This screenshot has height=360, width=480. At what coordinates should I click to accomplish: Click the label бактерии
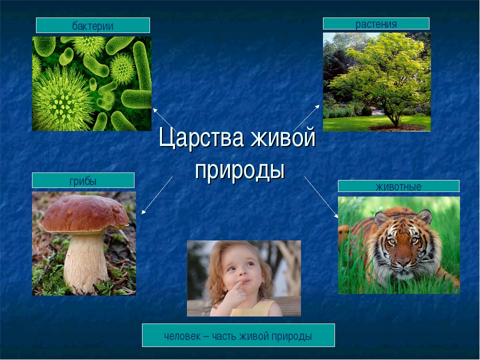point(93,26)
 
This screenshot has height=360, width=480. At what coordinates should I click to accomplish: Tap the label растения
point(376,24)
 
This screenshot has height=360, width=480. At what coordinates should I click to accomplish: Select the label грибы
point(83,181)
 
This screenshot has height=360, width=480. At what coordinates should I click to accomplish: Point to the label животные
point(398,186)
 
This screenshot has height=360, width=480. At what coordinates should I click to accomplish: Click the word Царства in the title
point(201,138)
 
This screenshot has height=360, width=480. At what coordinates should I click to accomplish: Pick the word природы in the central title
point(240,169)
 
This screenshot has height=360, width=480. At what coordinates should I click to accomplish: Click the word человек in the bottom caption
point(182,336)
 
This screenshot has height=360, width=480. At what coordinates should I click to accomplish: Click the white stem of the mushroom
point(85,263)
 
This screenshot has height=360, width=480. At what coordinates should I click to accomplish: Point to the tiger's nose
point(403,261)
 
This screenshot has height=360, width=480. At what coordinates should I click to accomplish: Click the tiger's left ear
point(381,218)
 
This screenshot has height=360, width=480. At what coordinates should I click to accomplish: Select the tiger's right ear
point(425,216)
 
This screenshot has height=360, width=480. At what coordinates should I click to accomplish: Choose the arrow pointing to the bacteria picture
point(163,118)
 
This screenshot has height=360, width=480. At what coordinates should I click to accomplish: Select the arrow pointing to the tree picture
point(306,118)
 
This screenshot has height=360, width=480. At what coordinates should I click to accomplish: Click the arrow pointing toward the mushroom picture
point(157,195)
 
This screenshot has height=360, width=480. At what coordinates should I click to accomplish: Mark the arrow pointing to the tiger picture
point(321,197)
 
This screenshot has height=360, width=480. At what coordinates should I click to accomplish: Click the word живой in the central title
point(283,138)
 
